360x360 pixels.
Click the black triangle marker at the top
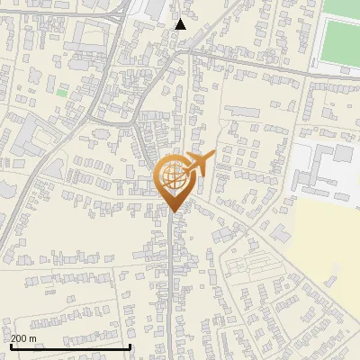[181, 24]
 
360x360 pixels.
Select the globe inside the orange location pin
[173, 176]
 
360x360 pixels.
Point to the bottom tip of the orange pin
[173, 211]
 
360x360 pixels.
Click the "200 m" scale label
[24, 338]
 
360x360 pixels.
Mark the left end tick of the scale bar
[10, 346]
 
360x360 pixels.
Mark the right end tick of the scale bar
[130, 346]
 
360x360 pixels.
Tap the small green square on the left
[61, 91]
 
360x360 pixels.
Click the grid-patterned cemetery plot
[248, 266]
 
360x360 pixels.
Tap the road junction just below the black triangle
[183, 51]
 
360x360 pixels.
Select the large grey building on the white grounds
[319, 166]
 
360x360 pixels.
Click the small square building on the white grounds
[344, 153]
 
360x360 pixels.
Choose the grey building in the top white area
[153, 9]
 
